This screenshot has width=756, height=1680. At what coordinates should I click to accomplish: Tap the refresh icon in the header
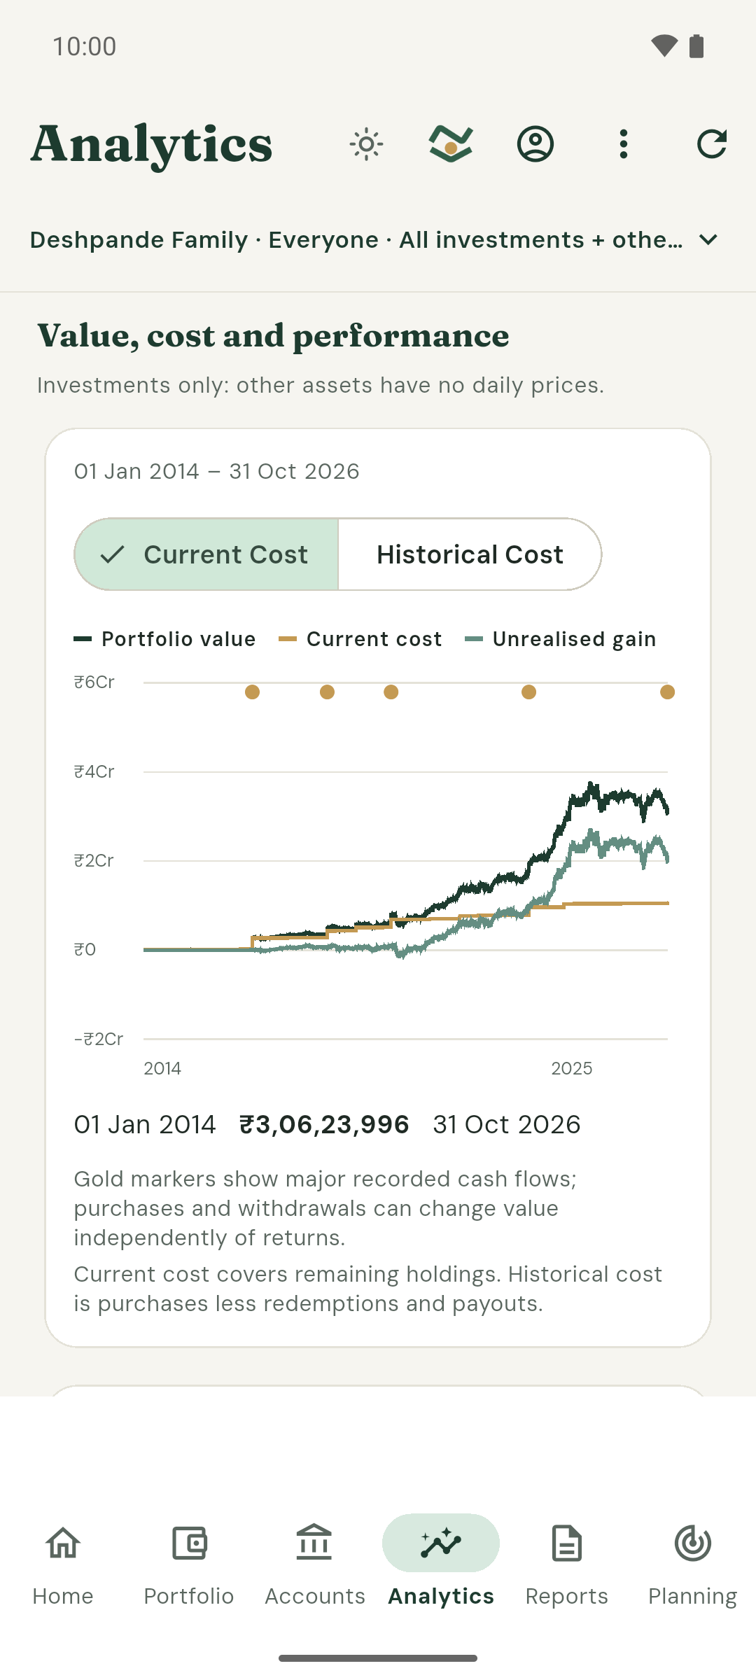(712, 144)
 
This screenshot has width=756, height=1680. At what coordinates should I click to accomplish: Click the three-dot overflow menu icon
(624, 144)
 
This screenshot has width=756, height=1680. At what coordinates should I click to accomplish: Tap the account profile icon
(535, 144)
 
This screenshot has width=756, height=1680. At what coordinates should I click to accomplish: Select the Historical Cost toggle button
(470, 554)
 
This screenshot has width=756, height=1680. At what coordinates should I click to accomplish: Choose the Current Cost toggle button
(206, 554)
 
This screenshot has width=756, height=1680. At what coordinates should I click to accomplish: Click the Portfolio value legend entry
(164, 639)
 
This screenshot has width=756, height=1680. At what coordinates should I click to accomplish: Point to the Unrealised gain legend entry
(561, 639)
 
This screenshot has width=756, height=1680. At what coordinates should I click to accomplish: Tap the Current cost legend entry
(360, 639)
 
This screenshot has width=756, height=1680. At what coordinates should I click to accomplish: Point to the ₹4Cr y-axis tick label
(94, 771)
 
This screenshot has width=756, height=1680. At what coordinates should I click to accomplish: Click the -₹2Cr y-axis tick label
(99, 1039)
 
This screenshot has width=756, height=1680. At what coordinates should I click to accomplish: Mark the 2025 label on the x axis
(572, 1068)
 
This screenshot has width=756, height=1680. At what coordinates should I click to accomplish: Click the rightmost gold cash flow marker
(668, 692)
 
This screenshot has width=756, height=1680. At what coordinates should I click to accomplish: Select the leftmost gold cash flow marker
(253, 692)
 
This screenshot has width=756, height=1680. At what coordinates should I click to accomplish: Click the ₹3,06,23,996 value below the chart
(324, 1124)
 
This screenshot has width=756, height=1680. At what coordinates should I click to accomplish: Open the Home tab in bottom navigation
(63, 1565)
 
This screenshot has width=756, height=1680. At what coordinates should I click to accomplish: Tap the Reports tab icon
(567, 1543)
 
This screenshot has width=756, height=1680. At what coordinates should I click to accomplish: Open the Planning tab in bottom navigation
(693, 1565)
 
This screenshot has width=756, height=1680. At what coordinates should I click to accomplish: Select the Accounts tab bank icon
(314, 1543)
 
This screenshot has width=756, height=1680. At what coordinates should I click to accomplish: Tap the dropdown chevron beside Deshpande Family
(708, 240)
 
